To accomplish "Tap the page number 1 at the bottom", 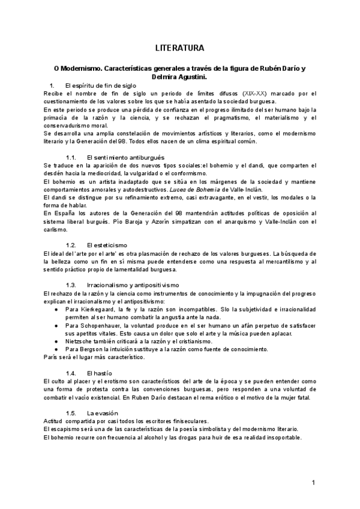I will tap(313, 483).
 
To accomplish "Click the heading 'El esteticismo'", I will tap(107, 245).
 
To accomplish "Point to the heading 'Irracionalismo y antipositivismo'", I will tap(132, 284).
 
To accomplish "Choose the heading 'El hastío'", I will tap(101, 373).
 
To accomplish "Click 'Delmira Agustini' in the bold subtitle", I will tap(180, 77).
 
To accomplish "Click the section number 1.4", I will tap(71, 373).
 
